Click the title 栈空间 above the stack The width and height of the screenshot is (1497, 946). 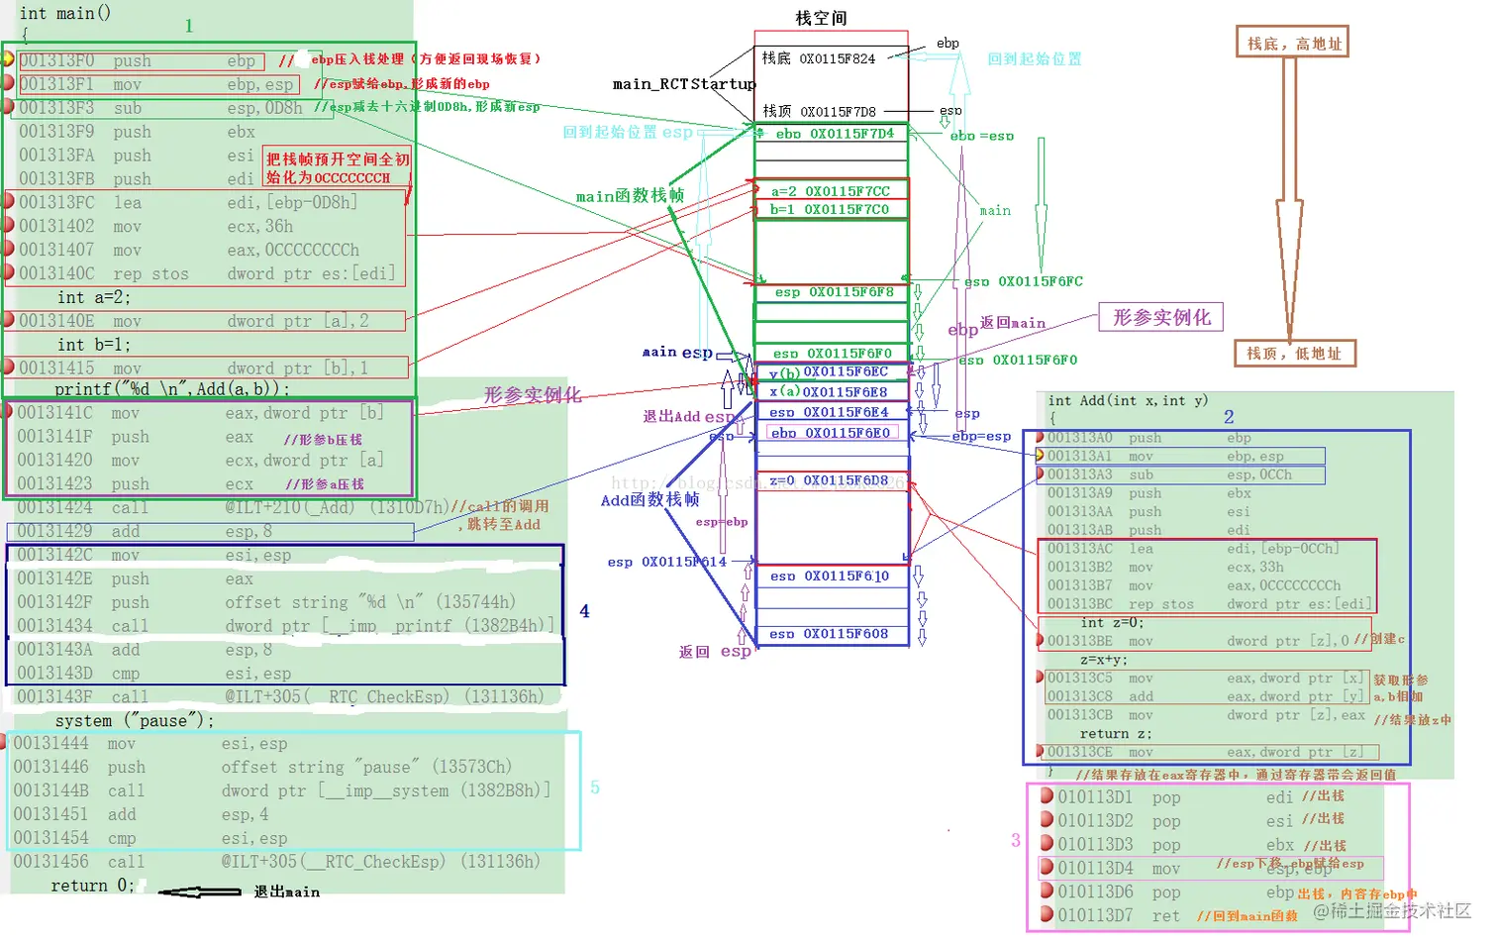(821, 18)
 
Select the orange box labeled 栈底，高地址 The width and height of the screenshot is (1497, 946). (1294, 43)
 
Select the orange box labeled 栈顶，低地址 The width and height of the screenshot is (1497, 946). (1294, 353)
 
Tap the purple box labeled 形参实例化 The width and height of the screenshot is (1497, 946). (1161, 317)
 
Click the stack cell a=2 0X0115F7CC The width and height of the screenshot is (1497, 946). (831, 191)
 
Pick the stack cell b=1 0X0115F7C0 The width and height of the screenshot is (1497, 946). (831, 209)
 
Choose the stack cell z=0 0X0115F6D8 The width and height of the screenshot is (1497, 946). (831, 480)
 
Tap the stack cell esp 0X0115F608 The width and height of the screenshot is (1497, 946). (831, 634)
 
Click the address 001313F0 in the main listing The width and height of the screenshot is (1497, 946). (56, 60)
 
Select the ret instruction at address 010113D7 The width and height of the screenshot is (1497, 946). (1166, 916)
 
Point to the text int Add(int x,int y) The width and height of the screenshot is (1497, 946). (1128, 400)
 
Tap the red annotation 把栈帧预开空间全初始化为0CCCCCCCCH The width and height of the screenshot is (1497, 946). (337, 168)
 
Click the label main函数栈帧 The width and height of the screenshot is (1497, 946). (630, 196)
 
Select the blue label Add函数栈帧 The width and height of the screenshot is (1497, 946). (649, 500)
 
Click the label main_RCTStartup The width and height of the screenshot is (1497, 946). (684, 84)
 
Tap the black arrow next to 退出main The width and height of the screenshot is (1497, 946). (200, 893)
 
